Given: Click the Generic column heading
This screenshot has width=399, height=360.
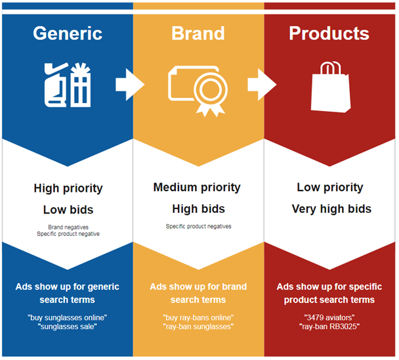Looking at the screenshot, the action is (68, 34).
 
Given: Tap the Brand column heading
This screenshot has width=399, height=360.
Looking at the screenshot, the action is (198, 34).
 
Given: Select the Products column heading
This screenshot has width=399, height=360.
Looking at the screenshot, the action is (329, 34).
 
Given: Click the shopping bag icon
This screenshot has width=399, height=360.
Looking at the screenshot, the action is (331, 87).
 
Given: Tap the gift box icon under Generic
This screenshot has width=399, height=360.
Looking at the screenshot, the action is (81, 85).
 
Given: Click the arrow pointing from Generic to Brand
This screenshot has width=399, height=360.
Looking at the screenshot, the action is (130, 85).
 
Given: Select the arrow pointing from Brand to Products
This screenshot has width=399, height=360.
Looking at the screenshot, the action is (262, 85).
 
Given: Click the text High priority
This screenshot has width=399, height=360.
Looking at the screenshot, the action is (68, 189).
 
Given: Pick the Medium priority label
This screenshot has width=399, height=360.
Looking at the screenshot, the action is (197, 188).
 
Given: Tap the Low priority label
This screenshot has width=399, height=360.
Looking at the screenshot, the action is (330, 188).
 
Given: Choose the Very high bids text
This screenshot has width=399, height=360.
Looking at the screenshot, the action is (331, 209).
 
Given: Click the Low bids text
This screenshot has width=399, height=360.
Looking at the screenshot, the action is (68, 210).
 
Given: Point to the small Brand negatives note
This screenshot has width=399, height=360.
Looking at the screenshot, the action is (68, 227).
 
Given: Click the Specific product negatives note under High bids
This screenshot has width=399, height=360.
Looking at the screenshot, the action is (198, 226).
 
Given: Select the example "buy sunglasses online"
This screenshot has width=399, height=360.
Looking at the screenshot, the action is (68, 318).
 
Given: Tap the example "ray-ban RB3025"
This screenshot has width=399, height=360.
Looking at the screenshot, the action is (329, 326).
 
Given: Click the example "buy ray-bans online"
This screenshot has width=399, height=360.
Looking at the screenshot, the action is (198, 318).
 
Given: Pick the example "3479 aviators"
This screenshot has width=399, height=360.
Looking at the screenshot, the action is (329, 318).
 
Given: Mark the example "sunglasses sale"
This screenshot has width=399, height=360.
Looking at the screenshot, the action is (68, 326).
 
